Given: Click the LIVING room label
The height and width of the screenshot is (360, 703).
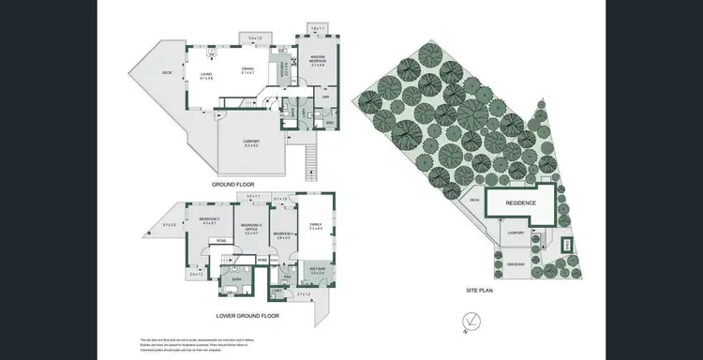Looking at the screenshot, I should pyautogui.click(x=205, y=77).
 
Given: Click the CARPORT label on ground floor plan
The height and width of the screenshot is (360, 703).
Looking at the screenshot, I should pyautogui.click(x=251, y=142).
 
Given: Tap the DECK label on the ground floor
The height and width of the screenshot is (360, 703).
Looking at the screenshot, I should pyautogui.click(x=167, y=72).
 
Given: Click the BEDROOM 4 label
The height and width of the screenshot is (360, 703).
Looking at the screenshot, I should pyautogui.click(x=284, y=235).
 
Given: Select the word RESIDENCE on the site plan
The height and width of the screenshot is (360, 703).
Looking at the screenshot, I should pyautogui.click(x=520, y=202).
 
